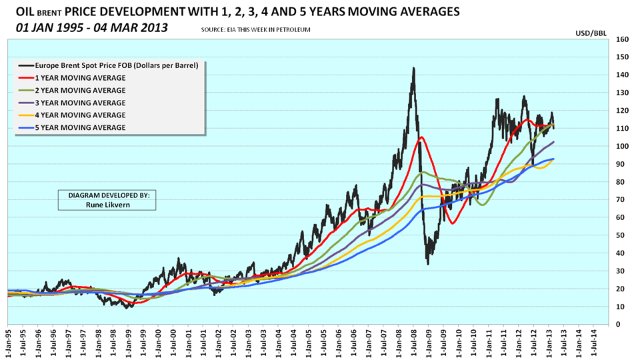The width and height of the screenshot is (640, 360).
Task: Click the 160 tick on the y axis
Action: (x=621, y=39)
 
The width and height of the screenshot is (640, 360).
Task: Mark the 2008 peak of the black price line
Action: (x=414, y=68)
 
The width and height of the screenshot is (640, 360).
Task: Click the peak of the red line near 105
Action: (x=421, y=137)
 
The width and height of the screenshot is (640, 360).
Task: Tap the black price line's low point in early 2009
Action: (x=428, y=263)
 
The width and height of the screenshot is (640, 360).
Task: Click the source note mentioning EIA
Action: (x=255, y=31)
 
